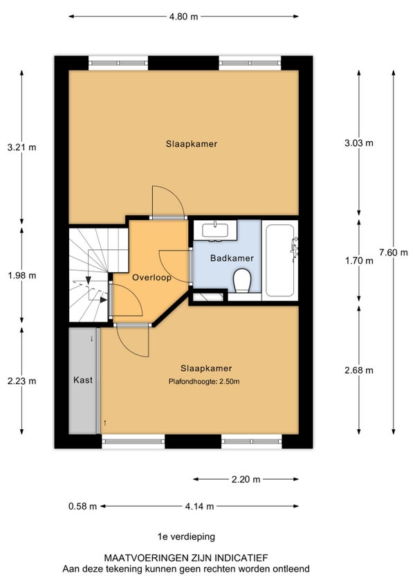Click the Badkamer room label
pos(232,258)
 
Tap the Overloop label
pos(151,278)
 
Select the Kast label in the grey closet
pos(83,380)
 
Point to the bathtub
pos(279,260)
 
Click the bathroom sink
pos(215,230)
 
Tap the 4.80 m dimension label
pos(183,17)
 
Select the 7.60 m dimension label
pos(394,253)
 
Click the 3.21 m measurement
pos(21,147)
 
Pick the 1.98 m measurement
pos(21,276)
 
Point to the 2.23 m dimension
pos(21,381)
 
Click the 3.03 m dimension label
pos(359,143)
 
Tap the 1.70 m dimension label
pos(359,260)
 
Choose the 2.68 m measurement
pos(359,370)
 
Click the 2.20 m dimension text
pos(246,479)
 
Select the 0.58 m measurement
pos(82,507)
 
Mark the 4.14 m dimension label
pos(199,507)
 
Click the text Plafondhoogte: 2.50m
pos(204,382)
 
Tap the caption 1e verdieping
pos(186,537)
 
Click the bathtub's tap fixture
pos(295,248)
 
